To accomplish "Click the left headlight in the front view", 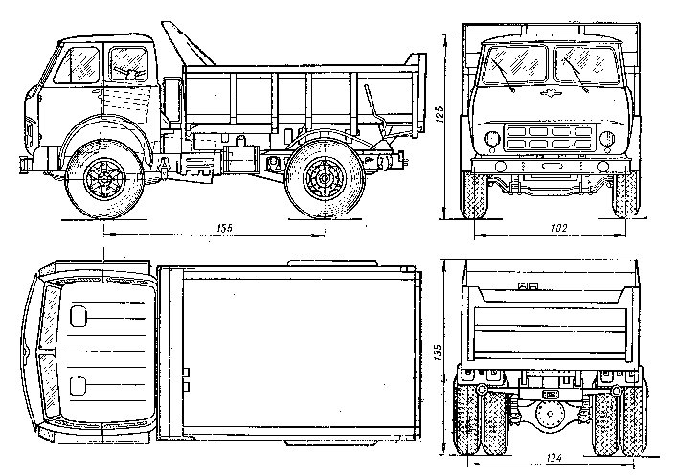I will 492,140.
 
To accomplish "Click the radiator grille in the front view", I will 551,138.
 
